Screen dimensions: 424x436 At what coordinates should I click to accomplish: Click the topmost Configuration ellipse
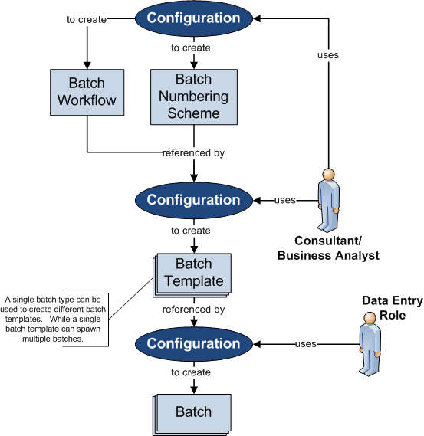click(x=194, y=18)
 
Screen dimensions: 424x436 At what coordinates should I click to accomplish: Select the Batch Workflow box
click(x=87, y=92)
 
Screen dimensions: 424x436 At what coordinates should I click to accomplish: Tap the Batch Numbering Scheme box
click(x=194, y=97)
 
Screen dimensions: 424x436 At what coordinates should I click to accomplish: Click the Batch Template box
click(x=192, y=275)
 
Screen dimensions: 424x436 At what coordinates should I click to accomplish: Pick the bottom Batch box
click(x=192, y=415)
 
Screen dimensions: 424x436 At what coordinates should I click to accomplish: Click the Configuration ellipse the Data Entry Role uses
click(x=194, y=344)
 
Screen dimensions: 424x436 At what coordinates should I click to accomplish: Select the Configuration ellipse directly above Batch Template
click(x=194, y=201)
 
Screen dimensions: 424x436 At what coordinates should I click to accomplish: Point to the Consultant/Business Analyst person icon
click(x=329, y=200)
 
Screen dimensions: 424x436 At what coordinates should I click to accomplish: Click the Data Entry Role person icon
click(x=370, y=344)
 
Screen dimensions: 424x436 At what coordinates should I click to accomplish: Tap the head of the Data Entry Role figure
click(x=370, y=318)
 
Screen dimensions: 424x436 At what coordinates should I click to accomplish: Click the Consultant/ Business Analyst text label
click(x=328, y=248)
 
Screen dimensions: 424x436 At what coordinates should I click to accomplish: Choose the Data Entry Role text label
click(x=393, y=308)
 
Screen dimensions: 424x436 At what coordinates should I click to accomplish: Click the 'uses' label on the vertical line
click(x=328, y=55)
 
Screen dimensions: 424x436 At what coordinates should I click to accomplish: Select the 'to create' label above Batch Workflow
click(x=87, y=20)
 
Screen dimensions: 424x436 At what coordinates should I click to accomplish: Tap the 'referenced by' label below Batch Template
click(x=194, y=310)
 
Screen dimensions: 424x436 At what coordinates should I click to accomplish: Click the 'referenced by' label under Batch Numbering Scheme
click(x=194, y=153)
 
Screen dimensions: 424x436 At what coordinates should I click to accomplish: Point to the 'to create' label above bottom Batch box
click(x=191, y=372)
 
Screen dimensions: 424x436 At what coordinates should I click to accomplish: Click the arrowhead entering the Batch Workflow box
click(x=87, y=65)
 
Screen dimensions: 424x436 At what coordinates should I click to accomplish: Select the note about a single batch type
click(x=54, y=320)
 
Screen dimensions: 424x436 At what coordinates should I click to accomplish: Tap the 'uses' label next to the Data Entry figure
click(x=306, y=344)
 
